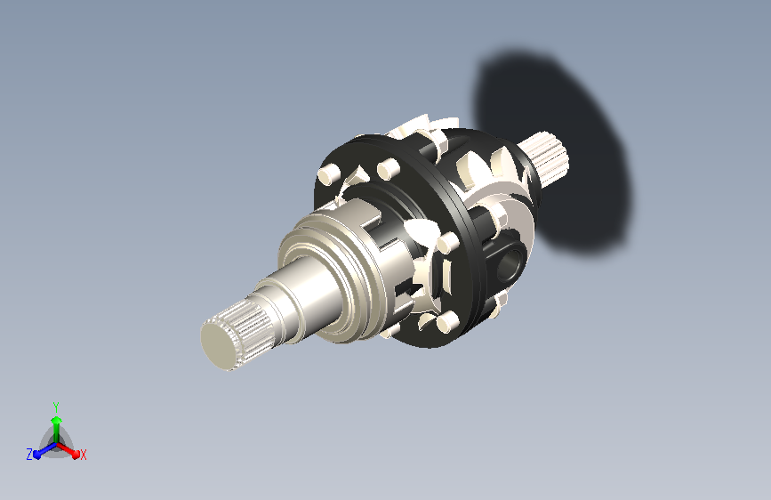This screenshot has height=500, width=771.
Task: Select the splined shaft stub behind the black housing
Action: coord(544,157)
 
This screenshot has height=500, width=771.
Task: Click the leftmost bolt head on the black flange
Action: coord(328,173)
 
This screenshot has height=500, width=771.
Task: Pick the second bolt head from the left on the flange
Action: coord(389,168)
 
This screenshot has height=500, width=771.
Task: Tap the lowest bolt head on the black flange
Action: coord(447,320)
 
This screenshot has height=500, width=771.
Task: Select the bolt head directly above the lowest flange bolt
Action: coord(447,243)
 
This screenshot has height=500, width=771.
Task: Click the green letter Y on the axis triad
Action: coord(56,407)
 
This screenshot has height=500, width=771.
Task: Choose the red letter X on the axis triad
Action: coord(83,456)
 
